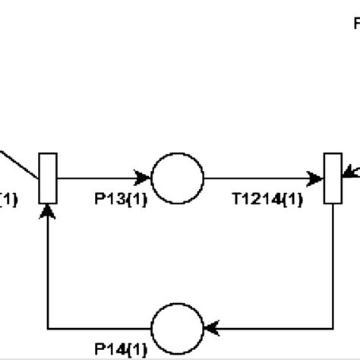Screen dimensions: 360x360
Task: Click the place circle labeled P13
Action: click(x=177, y=178)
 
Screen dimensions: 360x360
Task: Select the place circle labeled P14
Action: click(x=177, y=328)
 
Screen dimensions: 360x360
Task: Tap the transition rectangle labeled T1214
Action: click(x=333, y=178)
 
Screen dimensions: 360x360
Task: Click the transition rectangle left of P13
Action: click(x=48, y=178)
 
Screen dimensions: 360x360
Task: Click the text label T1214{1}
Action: click(x=267, y=200)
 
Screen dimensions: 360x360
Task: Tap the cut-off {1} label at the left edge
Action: click(x=8, y=200)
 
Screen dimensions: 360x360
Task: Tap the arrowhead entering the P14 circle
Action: click(x=210, y=328)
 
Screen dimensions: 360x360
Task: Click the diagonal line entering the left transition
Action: click(x=19, y=164)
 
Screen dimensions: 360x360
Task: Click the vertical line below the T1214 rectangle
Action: click(x=333, y=266)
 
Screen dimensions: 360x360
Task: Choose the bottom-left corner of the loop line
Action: click(x=48, y=328)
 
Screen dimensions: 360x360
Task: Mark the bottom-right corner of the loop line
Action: click(x=333, y=328)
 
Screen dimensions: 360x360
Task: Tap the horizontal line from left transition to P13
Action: click(x=95, y=178)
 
